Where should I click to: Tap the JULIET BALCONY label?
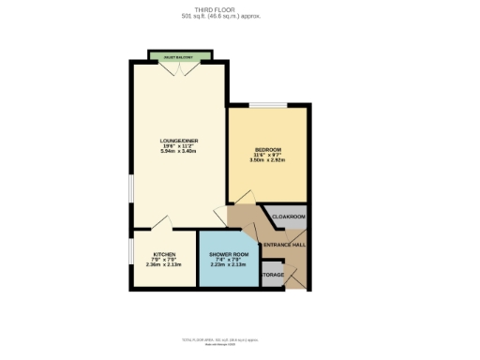point(178,58)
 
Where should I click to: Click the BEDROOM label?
point(268,150)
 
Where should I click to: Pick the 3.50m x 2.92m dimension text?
point(268,160)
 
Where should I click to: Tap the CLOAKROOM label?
point(289,217)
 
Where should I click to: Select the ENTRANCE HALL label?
point(284,245)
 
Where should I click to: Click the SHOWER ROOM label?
point(229,255)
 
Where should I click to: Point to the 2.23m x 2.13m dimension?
point(229,264)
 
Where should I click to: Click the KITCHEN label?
point(164,255)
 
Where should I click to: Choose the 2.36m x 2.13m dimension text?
point(164,264)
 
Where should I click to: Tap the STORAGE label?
point(272,275)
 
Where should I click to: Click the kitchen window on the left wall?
point(131,258)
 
